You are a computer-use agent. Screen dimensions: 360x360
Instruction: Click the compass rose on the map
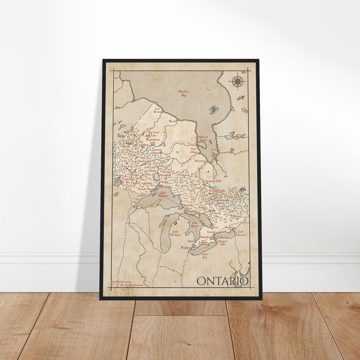(237, 81)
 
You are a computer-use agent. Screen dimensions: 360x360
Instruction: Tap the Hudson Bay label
(183, 93)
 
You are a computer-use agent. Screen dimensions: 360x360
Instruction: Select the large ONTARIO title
(222, 281)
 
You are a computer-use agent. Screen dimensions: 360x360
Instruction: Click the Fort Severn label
(157, 110)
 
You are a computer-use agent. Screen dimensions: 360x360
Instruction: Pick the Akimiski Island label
(203, 138)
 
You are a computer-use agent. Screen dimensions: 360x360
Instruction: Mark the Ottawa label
(237, 216)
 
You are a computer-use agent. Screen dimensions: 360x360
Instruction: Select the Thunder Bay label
(145, 189)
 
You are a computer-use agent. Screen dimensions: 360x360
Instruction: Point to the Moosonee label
(200, 161)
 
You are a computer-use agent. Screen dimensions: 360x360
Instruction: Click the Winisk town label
(172, 121)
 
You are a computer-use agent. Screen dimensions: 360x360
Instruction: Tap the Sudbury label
(203, 207)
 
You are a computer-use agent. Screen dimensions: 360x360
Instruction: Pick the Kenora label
(120, 175)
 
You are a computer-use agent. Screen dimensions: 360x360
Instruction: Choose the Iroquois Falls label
(214, 181)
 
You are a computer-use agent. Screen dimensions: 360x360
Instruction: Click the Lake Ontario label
(241, 233)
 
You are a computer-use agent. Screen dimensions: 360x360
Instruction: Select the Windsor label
(185, 248)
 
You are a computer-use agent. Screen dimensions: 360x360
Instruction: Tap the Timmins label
(200, 188)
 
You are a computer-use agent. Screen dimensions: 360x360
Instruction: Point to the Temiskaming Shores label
(221, 201)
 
